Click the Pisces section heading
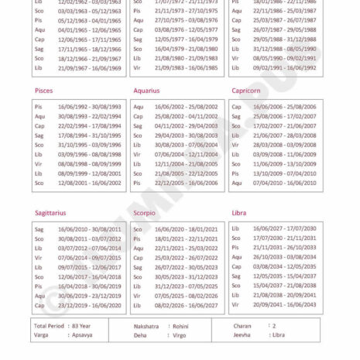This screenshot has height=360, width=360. pos(43,91)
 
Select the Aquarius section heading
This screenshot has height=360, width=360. pos(146,91)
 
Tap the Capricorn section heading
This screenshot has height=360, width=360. pos(248,91)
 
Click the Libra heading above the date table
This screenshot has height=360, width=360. pos(239,212)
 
